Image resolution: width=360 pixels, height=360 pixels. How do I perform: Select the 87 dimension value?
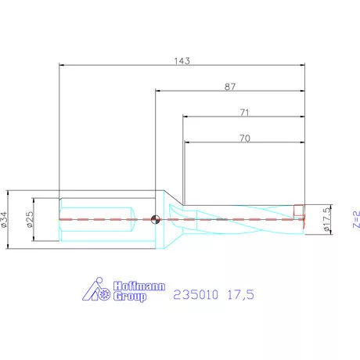[x=231, y=88]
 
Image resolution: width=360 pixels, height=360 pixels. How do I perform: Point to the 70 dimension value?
[x=244, y=138]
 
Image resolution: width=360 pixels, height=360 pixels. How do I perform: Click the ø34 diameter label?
[x=6, y=219]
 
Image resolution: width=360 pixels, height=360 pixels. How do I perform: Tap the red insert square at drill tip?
[x=298, y=210]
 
